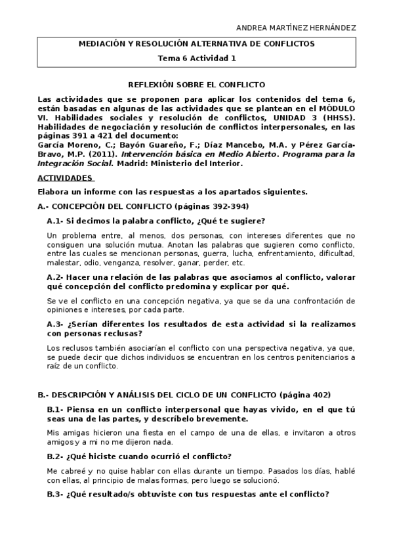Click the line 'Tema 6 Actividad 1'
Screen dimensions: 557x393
[x=197, y=58]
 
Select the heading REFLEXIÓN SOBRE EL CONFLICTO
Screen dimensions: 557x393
[x=197, y=85]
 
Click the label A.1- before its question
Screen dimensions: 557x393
[x=56, y=221]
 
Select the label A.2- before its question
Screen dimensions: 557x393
[x=56, y=277]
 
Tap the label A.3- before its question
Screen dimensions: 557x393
[x=56, y=324]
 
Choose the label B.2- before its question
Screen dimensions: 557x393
[x=56, y=457]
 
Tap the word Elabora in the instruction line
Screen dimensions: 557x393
[x=54, y=192]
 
